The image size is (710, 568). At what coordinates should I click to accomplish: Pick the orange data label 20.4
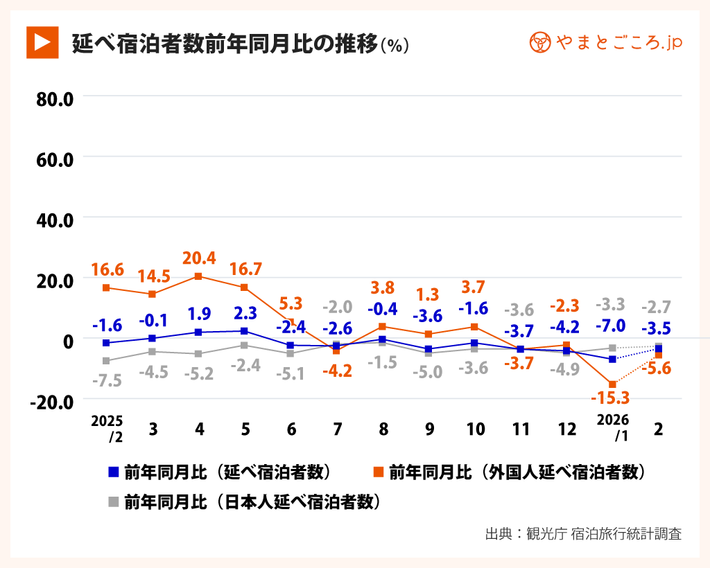(199, 258)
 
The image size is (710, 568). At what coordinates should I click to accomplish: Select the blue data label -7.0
(611, 326)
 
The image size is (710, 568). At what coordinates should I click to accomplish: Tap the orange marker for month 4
(199, 276)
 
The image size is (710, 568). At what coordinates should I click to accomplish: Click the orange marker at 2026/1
(612, 384)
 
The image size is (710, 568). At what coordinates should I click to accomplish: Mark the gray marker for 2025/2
(106, 361)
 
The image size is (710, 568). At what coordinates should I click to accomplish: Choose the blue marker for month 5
(245, 331)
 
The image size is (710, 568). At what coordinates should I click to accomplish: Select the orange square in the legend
(378, 472)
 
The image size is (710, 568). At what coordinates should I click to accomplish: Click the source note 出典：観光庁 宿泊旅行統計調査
(583, 534)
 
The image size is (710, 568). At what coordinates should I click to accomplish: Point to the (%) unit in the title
(395, 45)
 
